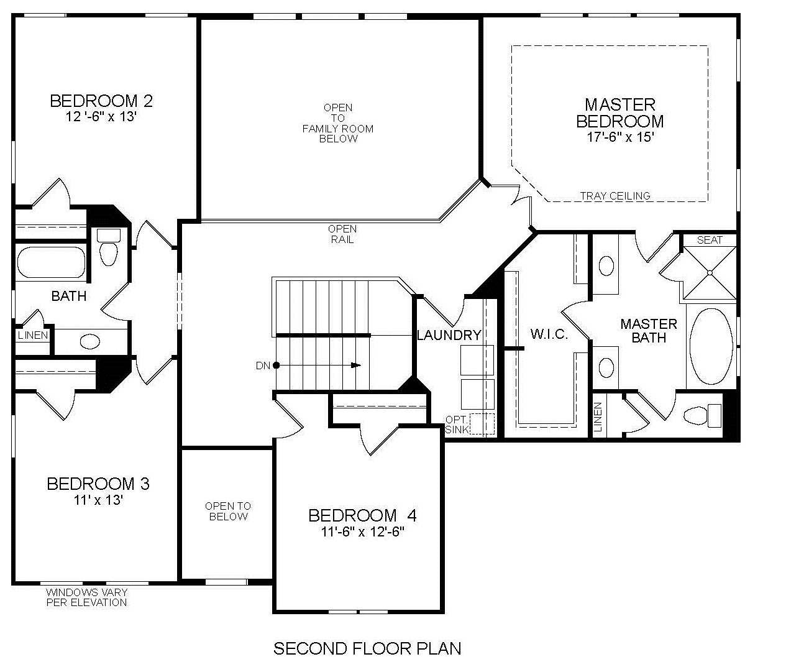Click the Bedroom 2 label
(x=101, y=101)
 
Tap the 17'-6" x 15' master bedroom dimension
(x=620, y=137)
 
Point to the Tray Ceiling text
(x=615, y=196)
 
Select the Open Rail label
(x=342, y=234)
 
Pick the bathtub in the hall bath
(x=51, y=262)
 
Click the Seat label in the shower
(x=710, y=240)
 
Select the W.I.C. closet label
(x=549, y=334)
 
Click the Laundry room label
(x=449, y=336)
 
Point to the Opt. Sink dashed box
(x=482, y=424)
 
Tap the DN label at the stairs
(x=263, y=366)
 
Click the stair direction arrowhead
(x=356, y=366)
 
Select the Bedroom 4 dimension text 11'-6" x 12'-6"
(x=362, y=531)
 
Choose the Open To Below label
(x=228, y=511)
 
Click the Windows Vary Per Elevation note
(x=86, y=597)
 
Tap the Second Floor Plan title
(x=367, y=648)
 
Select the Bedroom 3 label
(x=98, y=484)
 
